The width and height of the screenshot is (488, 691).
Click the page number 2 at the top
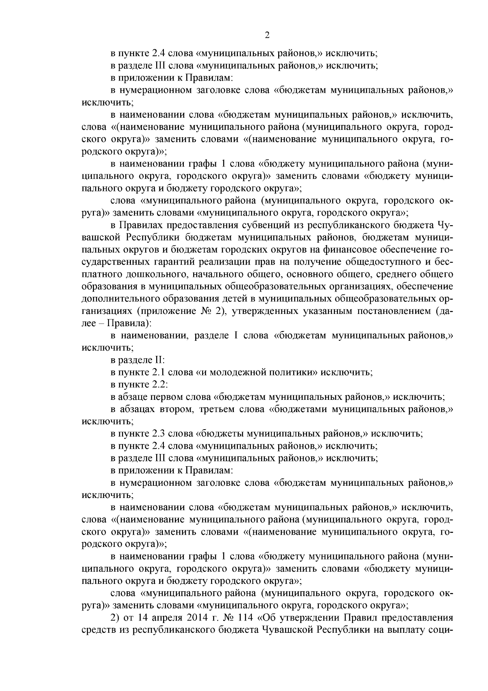click(x=267, y=35)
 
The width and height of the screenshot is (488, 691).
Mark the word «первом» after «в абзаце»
click(x=165, y=397)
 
